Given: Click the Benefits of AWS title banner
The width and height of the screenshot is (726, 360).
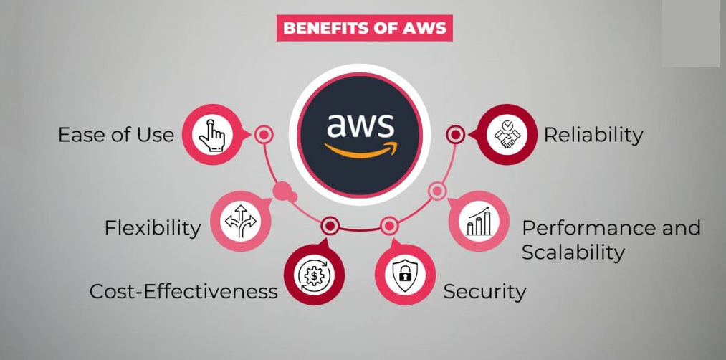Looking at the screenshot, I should coord(364,29).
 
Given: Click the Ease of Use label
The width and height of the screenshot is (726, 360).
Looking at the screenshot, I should coord(116,135).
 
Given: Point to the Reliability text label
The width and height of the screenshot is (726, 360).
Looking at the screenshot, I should coord(593,135).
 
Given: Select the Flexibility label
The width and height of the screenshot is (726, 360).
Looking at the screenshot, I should coord(153,228).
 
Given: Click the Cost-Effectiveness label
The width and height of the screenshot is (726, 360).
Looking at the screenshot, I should coord(183,291).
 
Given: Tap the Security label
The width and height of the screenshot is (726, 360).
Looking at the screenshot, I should coord(484,291).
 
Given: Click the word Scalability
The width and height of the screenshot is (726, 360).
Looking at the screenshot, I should coord(573,252).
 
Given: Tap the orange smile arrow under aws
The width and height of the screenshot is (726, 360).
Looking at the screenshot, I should coord(360,150).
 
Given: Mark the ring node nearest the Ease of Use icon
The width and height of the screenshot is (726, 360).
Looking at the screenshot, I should coord(264,134).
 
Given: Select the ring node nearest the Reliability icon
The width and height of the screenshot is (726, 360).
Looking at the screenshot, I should coord(455,134).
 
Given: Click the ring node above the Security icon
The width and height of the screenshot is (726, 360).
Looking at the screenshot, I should coord(388,227).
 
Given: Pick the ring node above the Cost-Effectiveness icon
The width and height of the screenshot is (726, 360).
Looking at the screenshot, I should coord(330,227).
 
